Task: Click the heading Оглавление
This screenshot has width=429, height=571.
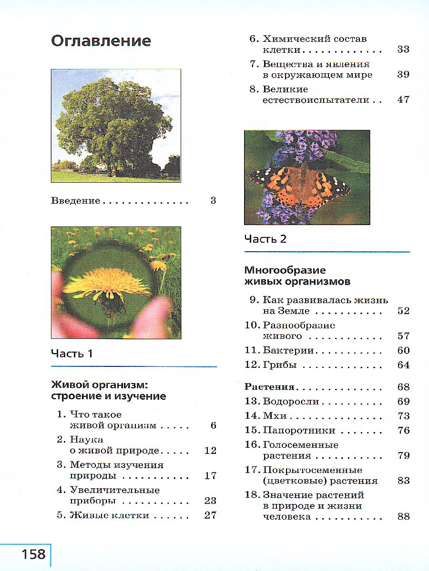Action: (101, 41)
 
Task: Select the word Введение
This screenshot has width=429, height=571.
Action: (75, 200)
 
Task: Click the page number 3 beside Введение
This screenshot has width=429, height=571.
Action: (213, 200)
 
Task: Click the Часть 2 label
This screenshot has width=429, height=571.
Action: (266, 239)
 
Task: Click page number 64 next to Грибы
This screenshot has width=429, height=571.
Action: (403, 365)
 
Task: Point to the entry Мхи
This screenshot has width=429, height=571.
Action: (275, 415)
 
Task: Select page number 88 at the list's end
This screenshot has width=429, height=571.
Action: (403, 517)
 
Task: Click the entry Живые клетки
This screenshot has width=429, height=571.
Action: (109, 515)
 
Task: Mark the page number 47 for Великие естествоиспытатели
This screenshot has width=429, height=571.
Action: (403, 100)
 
